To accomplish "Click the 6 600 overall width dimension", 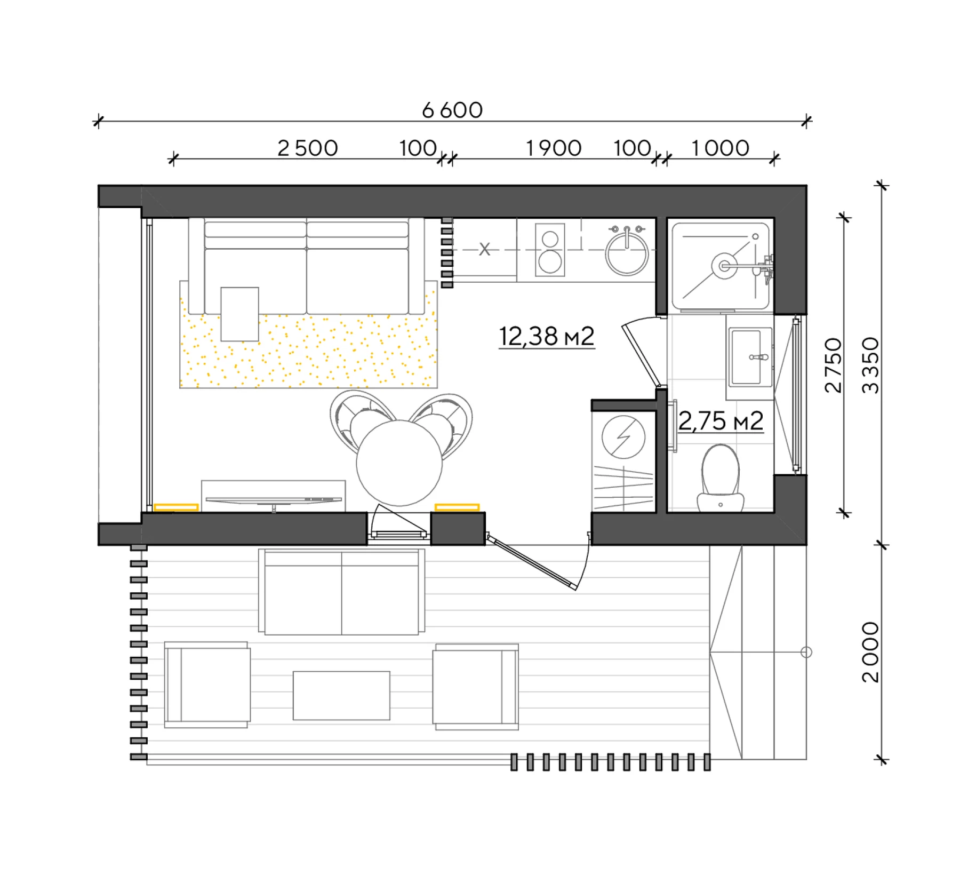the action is pos(452,110).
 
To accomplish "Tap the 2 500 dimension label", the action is pos(308,148).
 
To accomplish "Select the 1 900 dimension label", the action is pos(554,148).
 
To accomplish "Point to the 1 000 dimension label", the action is pos(721,148).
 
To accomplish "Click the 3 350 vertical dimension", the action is pos(870,365).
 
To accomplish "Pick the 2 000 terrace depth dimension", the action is pos(870,652).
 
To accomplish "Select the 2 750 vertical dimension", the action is pos(833,365).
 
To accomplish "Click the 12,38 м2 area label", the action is pos(547,336).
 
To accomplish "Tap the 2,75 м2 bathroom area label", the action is pos(721,421).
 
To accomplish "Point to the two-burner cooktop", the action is pos(550,250).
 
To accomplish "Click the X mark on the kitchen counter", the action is pos(484,249).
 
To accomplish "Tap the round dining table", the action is pos(399,463).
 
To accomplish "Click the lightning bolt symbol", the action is pos(623,437).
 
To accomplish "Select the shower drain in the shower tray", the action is pos(724,265).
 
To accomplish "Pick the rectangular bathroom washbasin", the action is pos(748,356).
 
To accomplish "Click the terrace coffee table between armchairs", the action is pos(341,695).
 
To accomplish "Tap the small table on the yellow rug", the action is pos(239,314).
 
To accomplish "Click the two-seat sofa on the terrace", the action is pos(341,591).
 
